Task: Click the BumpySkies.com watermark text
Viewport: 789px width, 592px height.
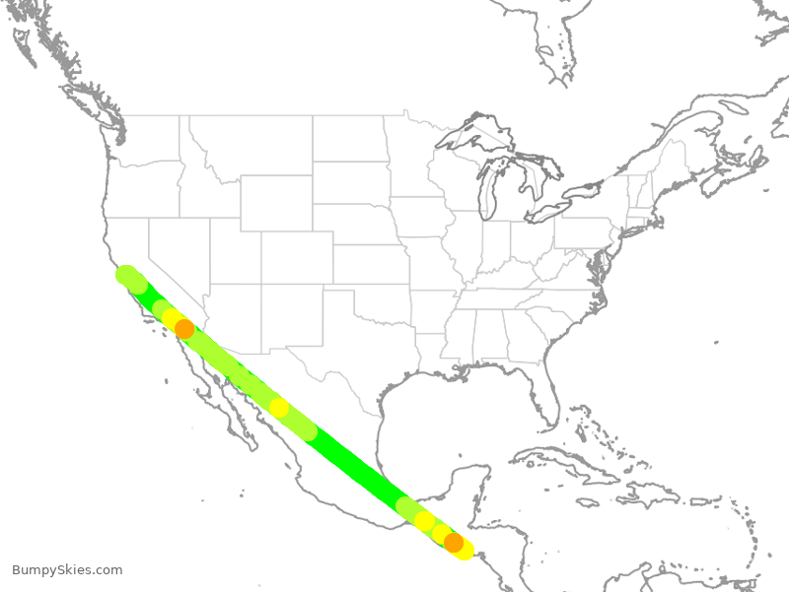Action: (67, 570)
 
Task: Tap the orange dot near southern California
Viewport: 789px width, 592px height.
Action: (184, 329)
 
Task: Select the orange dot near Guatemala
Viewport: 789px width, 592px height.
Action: (454, 542)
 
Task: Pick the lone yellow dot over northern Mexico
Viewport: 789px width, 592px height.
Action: (279, 408)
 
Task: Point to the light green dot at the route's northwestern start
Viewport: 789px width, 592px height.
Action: (126, 275)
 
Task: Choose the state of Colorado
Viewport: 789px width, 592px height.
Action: (297, 257)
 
